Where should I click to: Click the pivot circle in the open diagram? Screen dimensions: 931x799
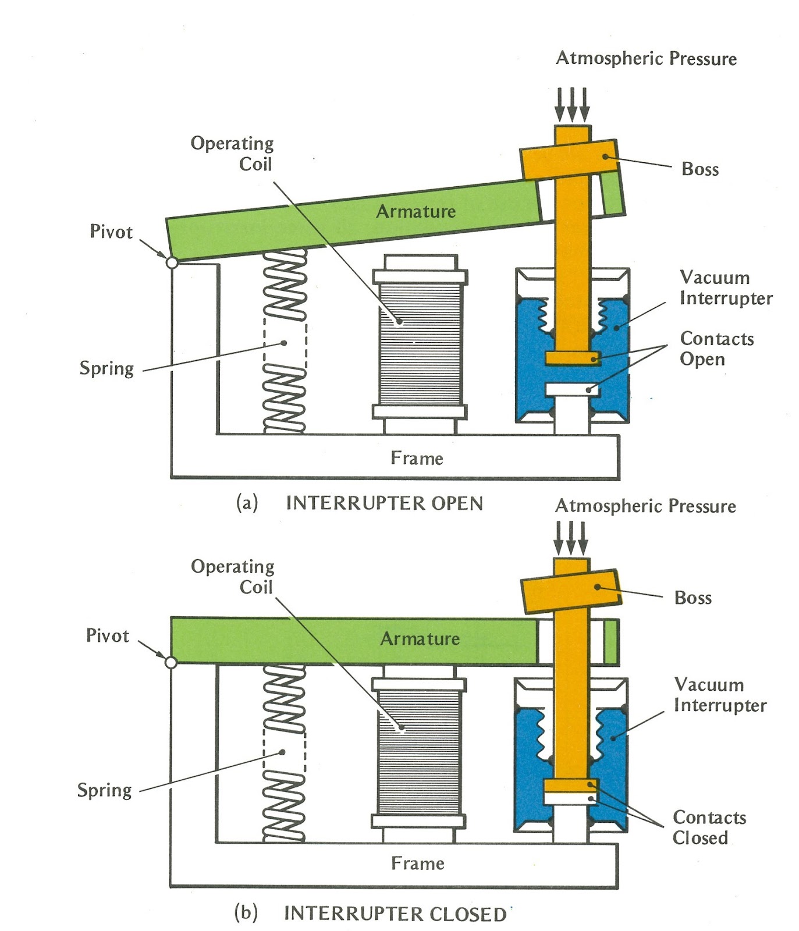click(172, 262)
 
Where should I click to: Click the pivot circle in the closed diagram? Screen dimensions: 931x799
click(171, 662)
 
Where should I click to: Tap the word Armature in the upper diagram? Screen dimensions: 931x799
click(416, 211)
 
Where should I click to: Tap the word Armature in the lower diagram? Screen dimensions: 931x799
click(420, 639)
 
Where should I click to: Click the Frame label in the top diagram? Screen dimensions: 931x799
click(417, 459)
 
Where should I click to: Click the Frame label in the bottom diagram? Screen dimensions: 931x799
click(417, 863)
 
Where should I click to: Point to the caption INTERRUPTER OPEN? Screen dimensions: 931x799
click(384, 503)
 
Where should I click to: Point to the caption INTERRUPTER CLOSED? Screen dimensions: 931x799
click(395, 914)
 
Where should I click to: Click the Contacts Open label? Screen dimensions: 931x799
click(716, 349)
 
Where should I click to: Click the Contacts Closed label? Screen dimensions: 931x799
click(709, 827)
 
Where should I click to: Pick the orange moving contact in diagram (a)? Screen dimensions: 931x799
click(573, 358)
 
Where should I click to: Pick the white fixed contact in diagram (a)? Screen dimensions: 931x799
click(573, 389)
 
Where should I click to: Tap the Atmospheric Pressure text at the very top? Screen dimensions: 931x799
click(646, 58)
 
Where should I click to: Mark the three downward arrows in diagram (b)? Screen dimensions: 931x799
click(571, 539)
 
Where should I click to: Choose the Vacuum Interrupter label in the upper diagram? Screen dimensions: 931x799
click(725, 287)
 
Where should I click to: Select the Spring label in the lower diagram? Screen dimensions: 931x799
click(105, 790)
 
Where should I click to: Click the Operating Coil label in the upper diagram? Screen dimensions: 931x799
click(232, 154)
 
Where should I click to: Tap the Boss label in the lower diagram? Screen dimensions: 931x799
click(693, 598)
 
